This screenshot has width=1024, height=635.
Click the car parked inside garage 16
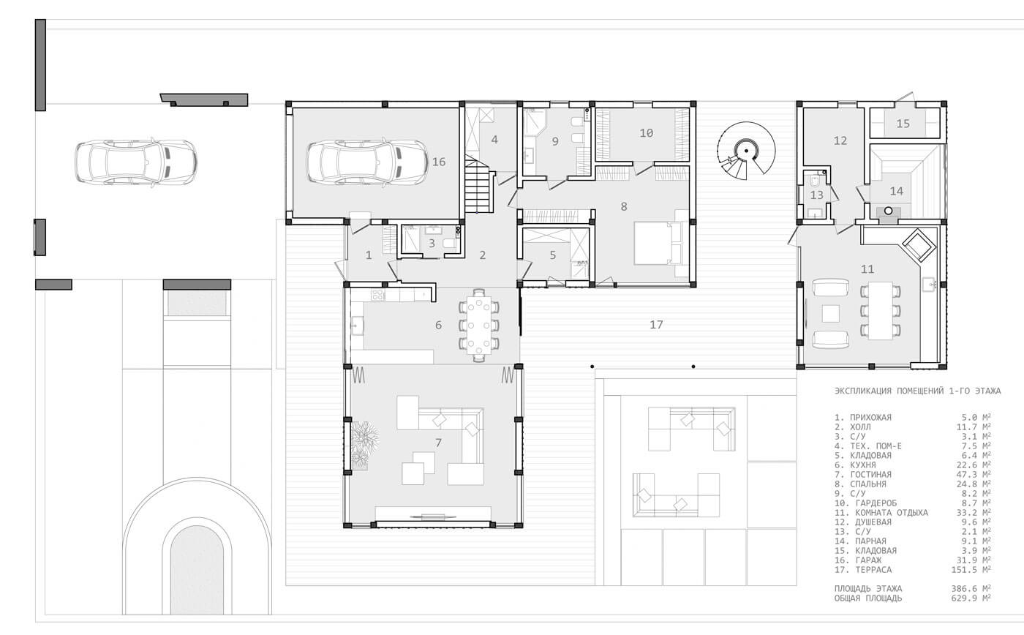coord(367,162)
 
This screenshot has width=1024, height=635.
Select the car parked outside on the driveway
coord(136,162)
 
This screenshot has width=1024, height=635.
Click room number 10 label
coord(647,133)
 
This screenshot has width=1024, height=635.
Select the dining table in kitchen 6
coord(478,326)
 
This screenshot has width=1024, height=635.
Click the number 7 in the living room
coord(438,443)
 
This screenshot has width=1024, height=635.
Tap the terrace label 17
coord(657,325)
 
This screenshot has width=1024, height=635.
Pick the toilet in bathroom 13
coord(815,182)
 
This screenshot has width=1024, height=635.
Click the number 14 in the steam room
coord(897,191)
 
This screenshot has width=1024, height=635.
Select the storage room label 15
coord(903,124)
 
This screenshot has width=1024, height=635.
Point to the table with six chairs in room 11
coord(881,310)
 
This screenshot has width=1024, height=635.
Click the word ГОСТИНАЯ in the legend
coord(871,475)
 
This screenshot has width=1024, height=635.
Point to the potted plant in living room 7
coord(364,437)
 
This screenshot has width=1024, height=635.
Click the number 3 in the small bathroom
coord(432,243)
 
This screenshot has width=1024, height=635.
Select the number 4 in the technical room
coord(494,140)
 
